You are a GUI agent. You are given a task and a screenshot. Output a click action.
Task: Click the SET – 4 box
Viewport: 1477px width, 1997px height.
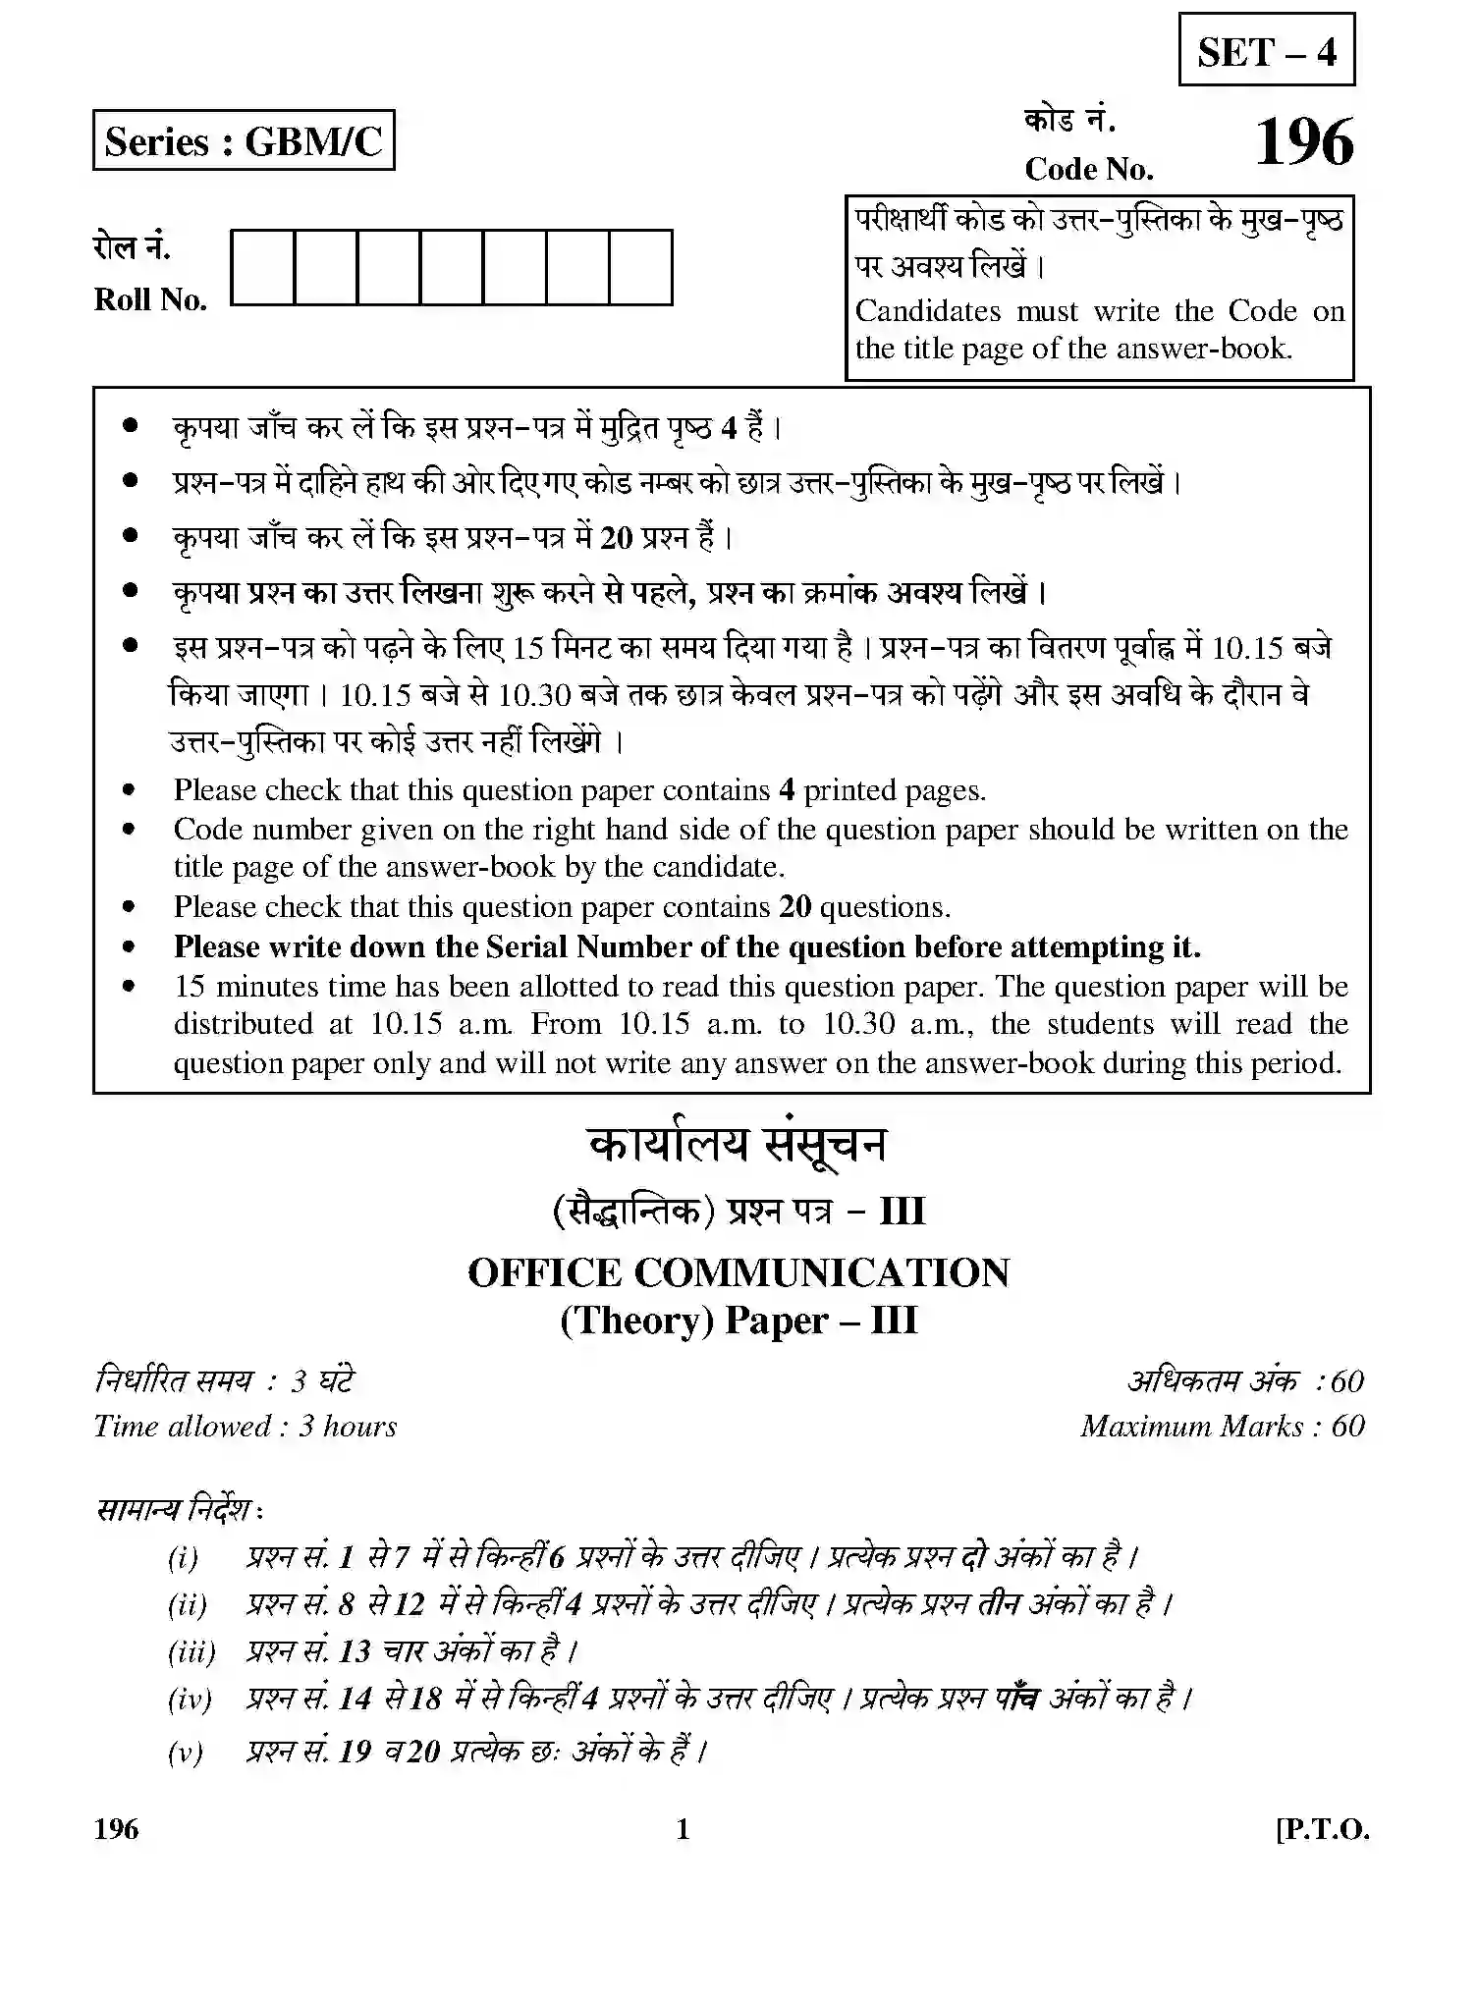click(1266, 50)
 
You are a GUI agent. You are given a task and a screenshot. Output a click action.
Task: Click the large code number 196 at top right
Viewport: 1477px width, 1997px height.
click(1303, 143)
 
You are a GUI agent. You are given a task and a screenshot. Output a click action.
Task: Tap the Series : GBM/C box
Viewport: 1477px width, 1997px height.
click(244, 140)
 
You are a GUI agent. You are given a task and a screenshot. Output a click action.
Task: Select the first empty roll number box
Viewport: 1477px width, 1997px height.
click(262, 267)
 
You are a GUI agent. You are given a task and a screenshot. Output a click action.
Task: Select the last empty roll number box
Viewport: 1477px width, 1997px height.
click(640, 267)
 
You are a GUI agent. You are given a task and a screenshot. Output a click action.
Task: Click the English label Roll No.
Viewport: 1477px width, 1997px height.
click(150, 299)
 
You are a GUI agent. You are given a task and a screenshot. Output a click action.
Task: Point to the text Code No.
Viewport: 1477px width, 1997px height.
click(1088, 169)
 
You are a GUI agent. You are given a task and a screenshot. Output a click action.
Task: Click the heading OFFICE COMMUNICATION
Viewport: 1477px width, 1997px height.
click(738, 1273)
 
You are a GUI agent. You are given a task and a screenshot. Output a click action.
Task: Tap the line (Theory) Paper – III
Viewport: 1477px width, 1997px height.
click(738, 1321)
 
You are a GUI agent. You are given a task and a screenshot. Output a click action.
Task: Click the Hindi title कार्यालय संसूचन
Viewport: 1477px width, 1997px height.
click(738, 1146)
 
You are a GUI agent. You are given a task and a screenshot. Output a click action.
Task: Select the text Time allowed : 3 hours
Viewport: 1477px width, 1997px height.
click(246, 1426)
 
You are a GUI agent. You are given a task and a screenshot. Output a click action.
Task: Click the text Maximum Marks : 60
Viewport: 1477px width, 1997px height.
click(1222, 1426)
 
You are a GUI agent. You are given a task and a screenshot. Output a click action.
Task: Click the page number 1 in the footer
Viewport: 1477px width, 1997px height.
click(684, 1829)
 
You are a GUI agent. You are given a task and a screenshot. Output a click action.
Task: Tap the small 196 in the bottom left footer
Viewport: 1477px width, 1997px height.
click(117, 1829)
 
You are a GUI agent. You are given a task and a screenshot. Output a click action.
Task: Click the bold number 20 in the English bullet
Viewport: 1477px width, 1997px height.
click(795, 907)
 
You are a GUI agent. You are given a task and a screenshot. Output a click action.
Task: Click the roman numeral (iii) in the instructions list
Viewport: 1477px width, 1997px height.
click(191, 1651)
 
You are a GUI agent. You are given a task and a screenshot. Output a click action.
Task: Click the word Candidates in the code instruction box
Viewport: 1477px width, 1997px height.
click(927, 311)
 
